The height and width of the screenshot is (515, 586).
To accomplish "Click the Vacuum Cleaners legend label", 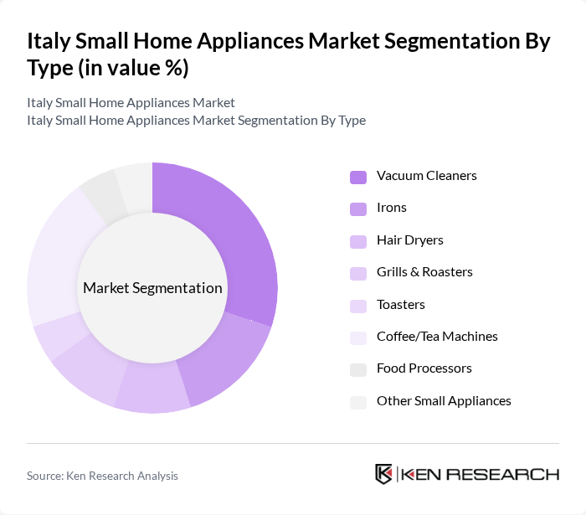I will (x=426, y=176).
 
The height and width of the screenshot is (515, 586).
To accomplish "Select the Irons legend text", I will (x=391, y=208).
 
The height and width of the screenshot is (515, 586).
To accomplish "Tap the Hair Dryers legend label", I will (x=409, y=240).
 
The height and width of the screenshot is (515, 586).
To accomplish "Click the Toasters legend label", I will (x=400, y=304).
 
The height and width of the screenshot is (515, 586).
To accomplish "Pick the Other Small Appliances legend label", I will (x=444, y=400).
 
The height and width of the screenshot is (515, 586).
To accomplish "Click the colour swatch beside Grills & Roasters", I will (x=357, y=273).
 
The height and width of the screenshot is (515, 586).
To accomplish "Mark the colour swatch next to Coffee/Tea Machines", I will (x=357, y=337).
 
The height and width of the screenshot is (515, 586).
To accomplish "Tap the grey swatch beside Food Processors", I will (x=357, y=369).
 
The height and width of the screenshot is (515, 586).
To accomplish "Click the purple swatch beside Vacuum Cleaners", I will (x=357, y=177).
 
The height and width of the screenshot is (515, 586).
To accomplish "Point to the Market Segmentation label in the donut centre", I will (x=152, y=288).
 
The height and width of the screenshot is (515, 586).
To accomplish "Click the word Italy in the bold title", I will (x=51, y=42).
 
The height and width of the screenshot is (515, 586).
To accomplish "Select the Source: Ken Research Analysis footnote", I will (x=102, y=476).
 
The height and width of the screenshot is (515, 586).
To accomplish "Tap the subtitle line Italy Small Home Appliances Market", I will (x=131, y=103).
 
